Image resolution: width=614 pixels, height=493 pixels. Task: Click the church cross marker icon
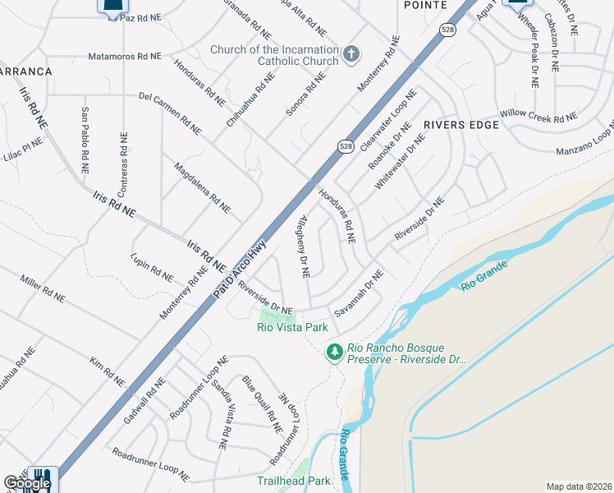coord(351,54)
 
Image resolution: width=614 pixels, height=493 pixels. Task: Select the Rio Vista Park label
coord(292,327)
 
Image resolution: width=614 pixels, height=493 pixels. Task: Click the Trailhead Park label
coord(293,481)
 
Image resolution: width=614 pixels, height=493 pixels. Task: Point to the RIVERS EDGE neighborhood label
coord(461,125)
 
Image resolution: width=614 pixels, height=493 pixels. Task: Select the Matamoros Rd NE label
coord(126,57)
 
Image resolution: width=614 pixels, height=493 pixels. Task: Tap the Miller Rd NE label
coord(43,288)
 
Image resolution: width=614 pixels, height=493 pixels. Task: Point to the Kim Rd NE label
coord(108,371)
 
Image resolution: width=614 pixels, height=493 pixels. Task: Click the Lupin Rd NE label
coord(152,266)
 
